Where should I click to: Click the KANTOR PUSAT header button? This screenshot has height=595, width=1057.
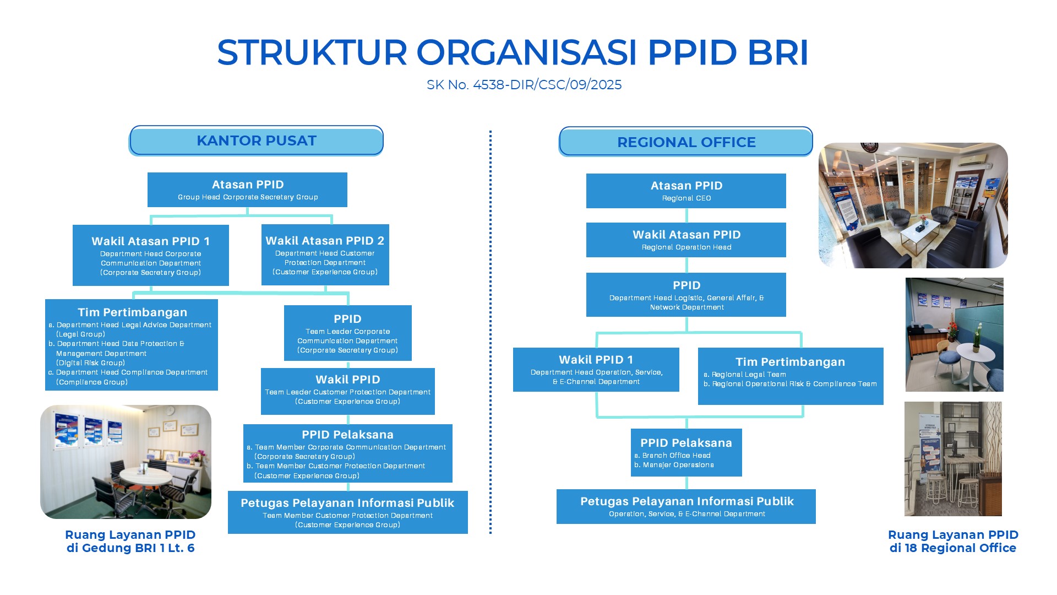tap(257, 140)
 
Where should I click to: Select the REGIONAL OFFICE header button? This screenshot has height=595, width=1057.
tap(686, 142)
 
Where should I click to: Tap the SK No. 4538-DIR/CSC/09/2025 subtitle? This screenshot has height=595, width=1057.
tap(524, 85)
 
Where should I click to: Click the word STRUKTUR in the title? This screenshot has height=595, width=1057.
tap(312, 53)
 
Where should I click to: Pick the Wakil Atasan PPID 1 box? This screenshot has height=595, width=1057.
tap(151, 255)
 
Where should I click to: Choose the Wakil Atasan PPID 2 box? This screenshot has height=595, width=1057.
tap(325, 255)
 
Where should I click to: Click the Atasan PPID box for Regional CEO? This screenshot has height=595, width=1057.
tap(686, 191)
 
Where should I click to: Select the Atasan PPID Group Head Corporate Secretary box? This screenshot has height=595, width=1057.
tap(247, 190)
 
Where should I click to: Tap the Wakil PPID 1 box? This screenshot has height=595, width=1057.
tap(596, 370)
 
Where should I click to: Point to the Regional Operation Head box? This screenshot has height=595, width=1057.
tap(686, 240)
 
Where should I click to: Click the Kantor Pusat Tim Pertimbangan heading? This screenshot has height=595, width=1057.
tap(132, 312)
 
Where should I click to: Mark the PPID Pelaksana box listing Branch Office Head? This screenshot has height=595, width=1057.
tap(686, 452)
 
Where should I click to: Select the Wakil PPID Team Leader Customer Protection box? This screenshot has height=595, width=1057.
tap(348, 391)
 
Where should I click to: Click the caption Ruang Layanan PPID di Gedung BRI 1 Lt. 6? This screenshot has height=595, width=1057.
tap(130, 541)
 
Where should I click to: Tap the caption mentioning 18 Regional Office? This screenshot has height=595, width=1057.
tap(953, 541)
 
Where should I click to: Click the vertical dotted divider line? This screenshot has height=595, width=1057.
tap(491, 332)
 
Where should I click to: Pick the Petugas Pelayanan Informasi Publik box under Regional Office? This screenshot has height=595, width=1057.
tap(686, 506)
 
